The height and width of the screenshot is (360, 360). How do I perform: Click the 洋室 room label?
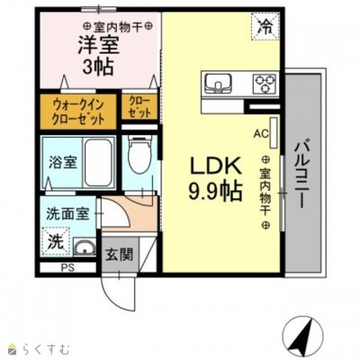click(x=99, y=46)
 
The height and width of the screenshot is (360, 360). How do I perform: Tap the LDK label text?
click(x=216, y=166)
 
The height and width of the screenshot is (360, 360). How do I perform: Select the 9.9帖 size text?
click(x=215, y=192)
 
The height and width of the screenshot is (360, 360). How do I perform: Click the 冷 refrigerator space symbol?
click(x=265, y=27)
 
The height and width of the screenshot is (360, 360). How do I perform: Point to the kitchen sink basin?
click(x=218, y=83)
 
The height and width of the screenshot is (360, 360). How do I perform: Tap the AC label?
click(x=261, y=133)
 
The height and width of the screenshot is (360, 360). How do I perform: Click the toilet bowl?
click(x=140, y=155)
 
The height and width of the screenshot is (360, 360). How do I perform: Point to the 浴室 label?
click(x=63, y=163)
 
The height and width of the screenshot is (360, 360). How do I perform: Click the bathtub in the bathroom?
click(x=98, y=163)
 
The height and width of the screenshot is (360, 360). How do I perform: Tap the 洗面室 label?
click(x=67, y=214)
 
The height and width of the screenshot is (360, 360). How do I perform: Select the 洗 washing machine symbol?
click(x=56, y=242)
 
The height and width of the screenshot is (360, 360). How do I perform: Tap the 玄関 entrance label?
click(x=119, y=256)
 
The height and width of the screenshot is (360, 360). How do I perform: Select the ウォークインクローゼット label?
click(x=78, y=112)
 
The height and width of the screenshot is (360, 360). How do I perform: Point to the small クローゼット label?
click(x=139, y=107)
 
